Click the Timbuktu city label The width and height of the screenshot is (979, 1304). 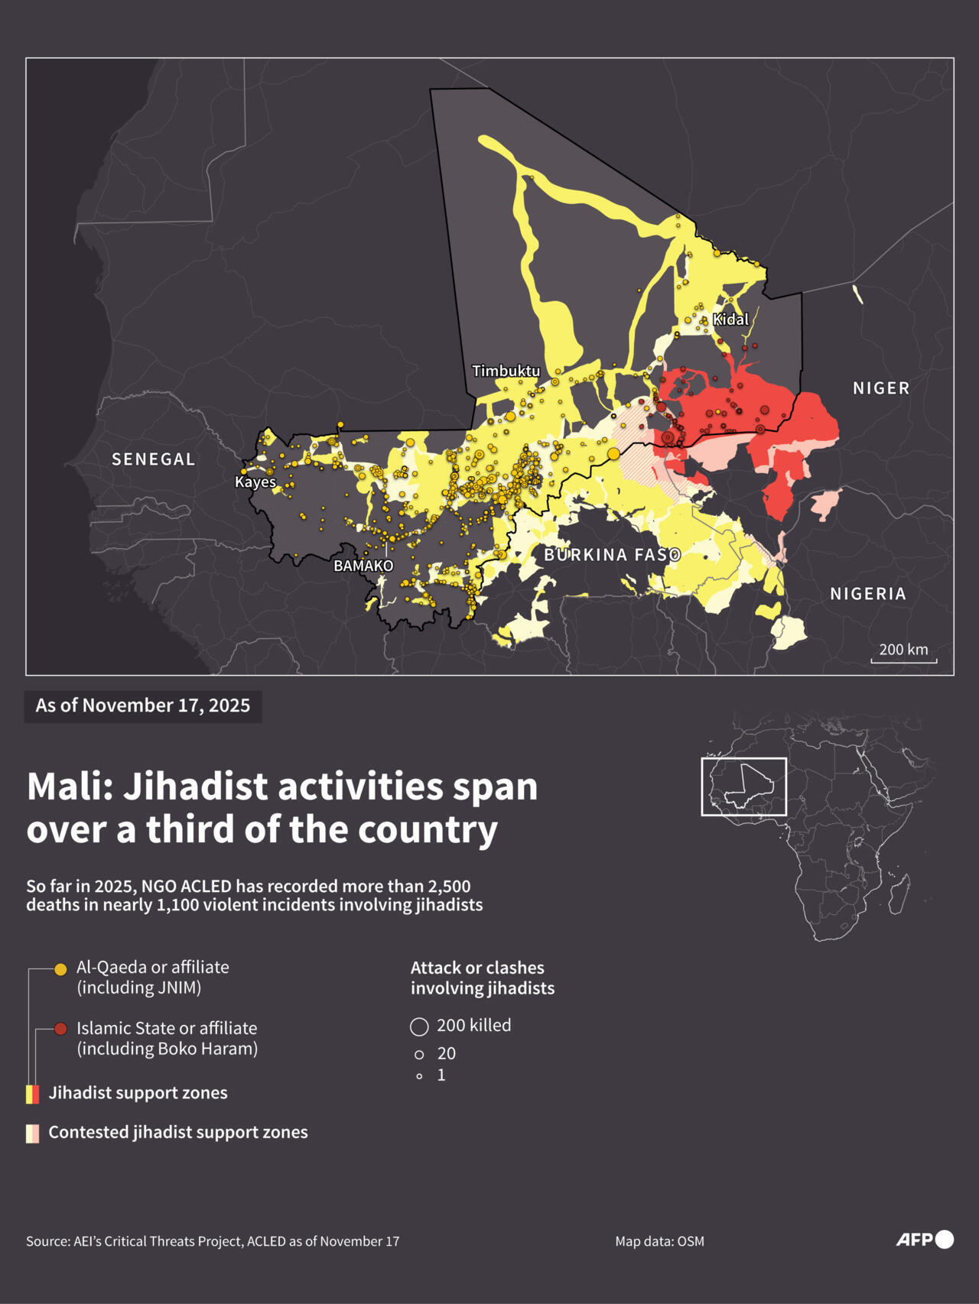pos(506,371)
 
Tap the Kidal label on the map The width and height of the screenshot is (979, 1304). pos(730,320)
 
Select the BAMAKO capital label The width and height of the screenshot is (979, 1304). pos(363,566)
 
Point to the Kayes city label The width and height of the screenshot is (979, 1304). pos(255,482)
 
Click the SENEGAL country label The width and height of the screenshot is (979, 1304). pos(154,459)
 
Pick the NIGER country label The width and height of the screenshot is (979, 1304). pos(881,388)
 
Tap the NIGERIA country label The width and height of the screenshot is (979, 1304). pos(868,594)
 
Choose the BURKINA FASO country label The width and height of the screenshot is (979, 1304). pos(612,555)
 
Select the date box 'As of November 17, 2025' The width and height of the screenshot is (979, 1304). pos(143,706)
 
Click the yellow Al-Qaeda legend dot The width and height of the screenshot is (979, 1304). pos(60,969)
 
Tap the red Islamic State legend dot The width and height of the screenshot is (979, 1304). pos(60,1030)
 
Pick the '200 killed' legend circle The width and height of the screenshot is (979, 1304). pos(419,1026)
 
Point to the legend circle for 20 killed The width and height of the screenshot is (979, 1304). pos(419,1055)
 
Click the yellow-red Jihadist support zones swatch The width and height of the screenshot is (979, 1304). pos(32,1094)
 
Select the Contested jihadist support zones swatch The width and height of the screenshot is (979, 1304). pos(32,1134)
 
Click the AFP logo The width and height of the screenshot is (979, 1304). pos(924,1239)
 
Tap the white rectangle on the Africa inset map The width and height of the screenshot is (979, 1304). pos(743,787)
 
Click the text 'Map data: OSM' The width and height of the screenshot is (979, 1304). pos(659,1241)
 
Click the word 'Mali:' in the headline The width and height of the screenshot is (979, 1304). pos(70,787)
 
